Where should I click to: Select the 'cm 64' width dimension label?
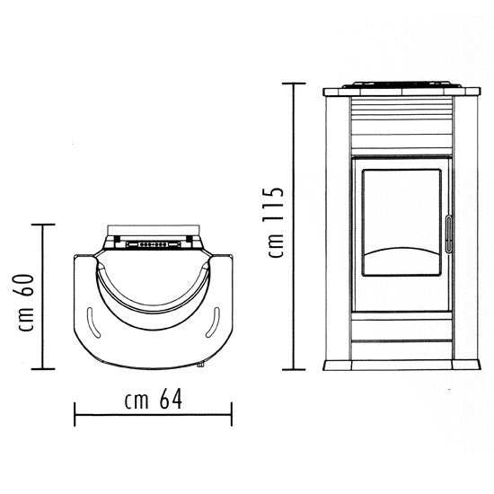point(154,399)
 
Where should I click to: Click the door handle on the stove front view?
point(448,234)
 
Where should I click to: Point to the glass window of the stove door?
point(401,223)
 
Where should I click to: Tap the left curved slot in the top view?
point(93,322)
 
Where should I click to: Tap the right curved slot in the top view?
point(213,322)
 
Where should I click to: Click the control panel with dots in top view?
point(153,244)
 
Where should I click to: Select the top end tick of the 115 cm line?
point(294,84)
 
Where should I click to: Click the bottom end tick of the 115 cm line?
point(294,369)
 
